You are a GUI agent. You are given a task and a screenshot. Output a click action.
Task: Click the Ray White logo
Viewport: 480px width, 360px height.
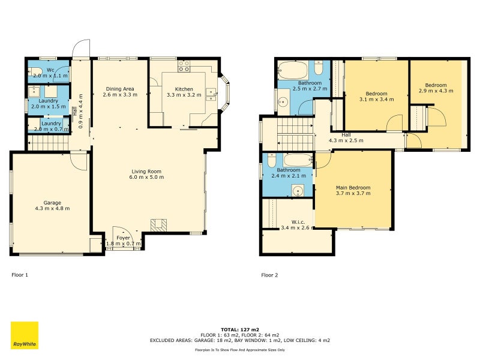pyautogui.click(x=25, y=335)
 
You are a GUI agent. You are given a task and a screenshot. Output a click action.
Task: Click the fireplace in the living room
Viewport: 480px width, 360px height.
pyautogui.click(x=158, y=225)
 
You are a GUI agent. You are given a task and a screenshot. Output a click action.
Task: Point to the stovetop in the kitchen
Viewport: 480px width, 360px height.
pyautogui.click(x=184, y=66)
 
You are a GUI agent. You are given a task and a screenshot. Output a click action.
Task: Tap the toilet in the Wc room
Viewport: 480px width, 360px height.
pyautogui.click(x=34, y=71)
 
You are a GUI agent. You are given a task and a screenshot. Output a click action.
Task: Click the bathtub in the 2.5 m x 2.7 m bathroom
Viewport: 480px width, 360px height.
pyautogui.click(x=293, y=70)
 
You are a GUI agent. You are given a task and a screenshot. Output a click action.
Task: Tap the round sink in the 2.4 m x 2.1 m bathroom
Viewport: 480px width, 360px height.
pyautogui.click(x=298, y=191)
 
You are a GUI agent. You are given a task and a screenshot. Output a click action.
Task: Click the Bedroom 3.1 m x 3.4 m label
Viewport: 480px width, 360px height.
pyautogui.click(x=377, y=97)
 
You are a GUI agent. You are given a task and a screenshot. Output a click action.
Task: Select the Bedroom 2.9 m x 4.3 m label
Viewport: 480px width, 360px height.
pyautogui.click(x=436, y=88)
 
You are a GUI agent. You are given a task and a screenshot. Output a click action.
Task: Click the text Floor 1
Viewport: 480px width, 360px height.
pyautogui.click(x=20, y=275)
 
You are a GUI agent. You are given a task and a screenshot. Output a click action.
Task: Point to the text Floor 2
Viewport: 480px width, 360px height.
pyautogui.click(x=269, y=275)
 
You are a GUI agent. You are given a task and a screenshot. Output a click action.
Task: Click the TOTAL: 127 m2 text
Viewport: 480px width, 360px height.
pyautogui.click(x=240, y=329)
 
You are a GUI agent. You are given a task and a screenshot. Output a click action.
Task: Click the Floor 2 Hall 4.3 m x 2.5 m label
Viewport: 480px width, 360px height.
pyautogui.click(x=346, y=138)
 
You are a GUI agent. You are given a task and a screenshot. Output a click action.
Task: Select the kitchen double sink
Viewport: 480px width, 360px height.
pyautogui.click(x=211, y=94)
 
